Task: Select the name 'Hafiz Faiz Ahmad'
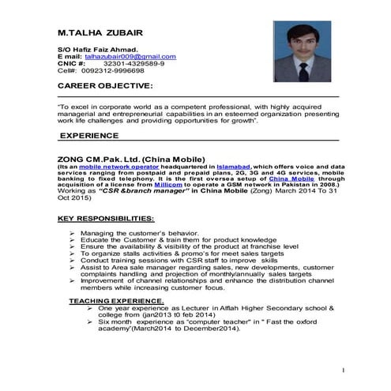point(100,50)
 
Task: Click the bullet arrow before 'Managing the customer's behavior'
point(73,235)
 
